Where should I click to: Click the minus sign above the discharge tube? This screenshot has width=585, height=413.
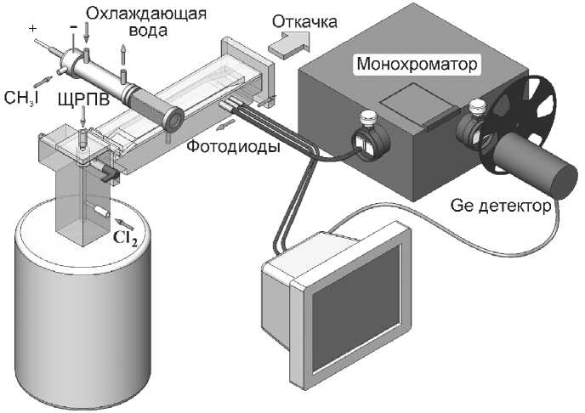(74, 28)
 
